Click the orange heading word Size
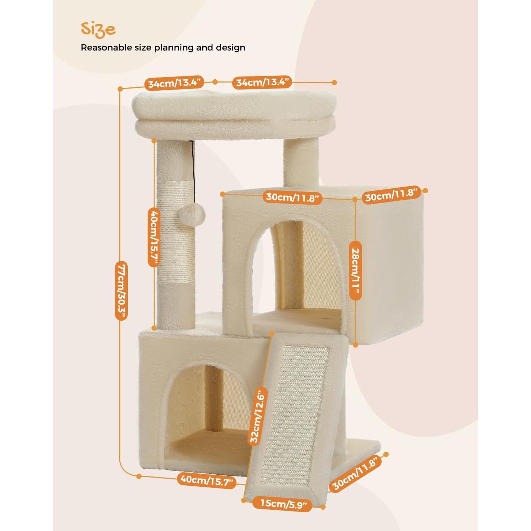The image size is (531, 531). click(x=98, y=30)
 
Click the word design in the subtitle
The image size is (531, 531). click(x=230, y=47)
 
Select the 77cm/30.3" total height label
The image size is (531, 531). click(x=121, y=291)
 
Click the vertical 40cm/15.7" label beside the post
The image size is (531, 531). click(x=153, y=237)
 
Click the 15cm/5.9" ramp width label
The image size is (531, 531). click(x=282, y=503)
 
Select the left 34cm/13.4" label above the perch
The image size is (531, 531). click(x=175, y=84)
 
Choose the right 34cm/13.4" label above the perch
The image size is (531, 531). click(x=262, y=83)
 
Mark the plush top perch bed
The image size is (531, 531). click(x=234, y=113)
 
